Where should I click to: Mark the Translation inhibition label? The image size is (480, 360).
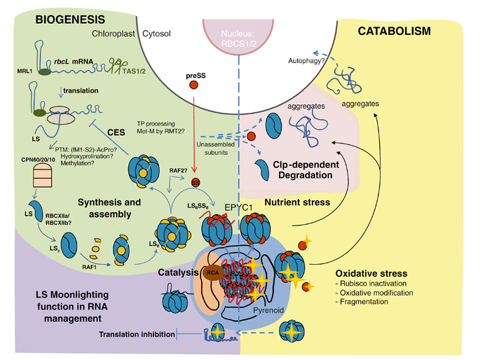point(137,334)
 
